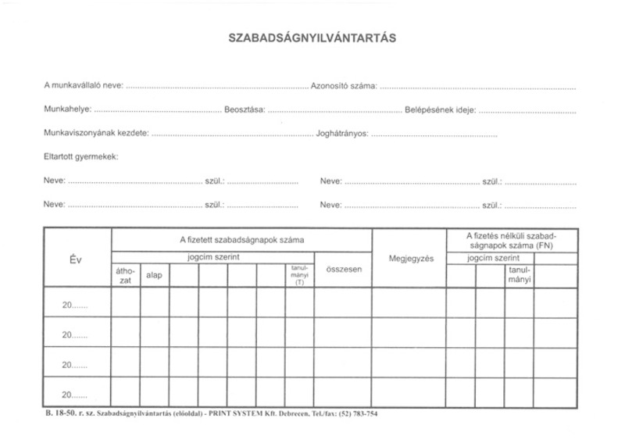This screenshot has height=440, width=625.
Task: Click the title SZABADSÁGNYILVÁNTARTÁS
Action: (312, 37)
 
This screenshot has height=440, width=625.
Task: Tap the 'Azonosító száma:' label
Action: (344, 85)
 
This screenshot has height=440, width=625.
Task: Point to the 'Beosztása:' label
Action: (245, 109)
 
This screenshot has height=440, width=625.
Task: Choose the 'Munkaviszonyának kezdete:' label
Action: (96, 134)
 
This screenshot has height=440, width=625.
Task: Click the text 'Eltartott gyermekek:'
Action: (81, 157)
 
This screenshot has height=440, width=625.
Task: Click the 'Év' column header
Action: (77, 259)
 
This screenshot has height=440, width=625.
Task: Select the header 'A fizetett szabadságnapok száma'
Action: (242, 240)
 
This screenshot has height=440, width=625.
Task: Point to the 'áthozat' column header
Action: (126, 275)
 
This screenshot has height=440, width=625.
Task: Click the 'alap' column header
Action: (154, 275)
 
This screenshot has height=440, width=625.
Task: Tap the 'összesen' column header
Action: (343, 269)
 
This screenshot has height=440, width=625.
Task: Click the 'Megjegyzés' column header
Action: (410, 259)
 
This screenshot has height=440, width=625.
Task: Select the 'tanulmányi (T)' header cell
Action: (299, 274)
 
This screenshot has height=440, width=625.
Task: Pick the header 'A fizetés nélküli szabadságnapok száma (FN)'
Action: (511, 240)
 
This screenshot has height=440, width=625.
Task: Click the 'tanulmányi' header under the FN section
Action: (520, 275)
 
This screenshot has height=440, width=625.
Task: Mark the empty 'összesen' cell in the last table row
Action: (343, 393)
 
